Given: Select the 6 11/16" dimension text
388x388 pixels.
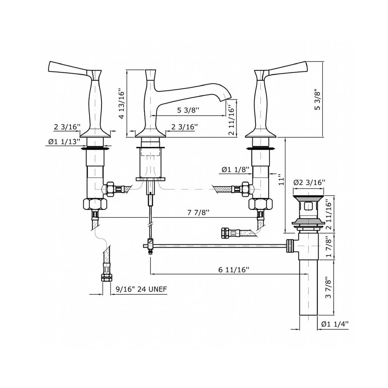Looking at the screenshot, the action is pyautogui.click(x=233, y=269).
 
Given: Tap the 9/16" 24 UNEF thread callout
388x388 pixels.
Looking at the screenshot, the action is pyautogui.click(x=141, y=289).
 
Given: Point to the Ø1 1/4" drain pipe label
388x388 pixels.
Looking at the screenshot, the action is pyautogui.click(x=335, y=324).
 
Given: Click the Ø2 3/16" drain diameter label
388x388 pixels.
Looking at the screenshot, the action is pyautogui.click(x=309, y=182).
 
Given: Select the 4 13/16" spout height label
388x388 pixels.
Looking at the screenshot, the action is pyautogui.click(x=122, y=104).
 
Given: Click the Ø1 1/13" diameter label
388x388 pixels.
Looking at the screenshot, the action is pyautogui.click(x=64, y=142).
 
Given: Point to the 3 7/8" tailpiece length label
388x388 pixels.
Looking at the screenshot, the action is pyautogui.click(x=329, y=287).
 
